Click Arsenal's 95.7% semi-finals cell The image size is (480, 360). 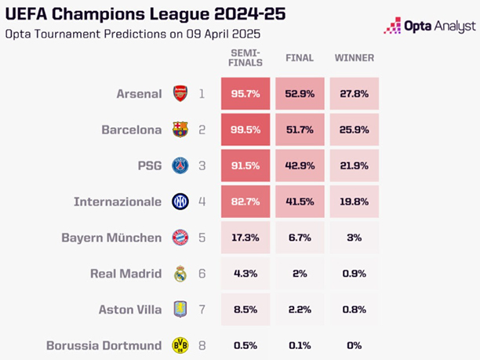pyautogui.click(x=245, y=94)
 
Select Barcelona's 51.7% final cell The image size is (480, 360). pyautogui.click(x=299, y=129)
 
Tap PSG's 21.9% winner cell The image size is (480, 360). pyautogui.click(x=355, y=165)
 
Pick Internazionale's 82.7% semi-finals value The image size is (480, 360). pyautogui.click(x=245, y=202)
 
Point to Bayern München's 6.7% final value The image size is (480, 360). pyautogui.click(x=299, y=238)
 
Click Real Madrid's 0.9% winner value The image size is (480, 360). pyautogui.click(x=355, y=274)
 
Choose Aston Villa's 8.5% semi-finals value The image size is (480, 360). pyautogui.click(x=245, y=310)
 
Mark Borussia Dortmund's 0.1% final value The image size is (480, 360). pyautogui.click(x=299, y=345)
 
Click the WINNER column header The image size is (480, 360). pyautogui.click(x=355, y=58)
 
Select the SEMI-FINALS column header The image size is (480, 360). pyautogui.click(x=245, y=58)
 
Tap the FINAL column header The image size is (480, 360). pyautogui.click(x=299, y=58)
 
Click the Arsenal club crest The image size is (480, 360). pyautogui.click(x=180, y=94)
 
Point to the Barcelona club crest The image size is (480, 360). pyautogui.click(x=180, y=129)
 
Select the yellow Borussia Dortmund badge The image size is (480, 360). pyautogui.click(x=180, y=345)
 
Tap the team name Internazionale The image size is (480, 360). pyautogui.click(x=118, y=202)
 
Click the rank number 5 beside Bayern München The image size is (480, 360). pyautogui.click(x=202, y=238)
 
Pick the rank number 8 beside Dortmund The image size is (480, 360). pyautogui.click(x=202, y=345)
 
